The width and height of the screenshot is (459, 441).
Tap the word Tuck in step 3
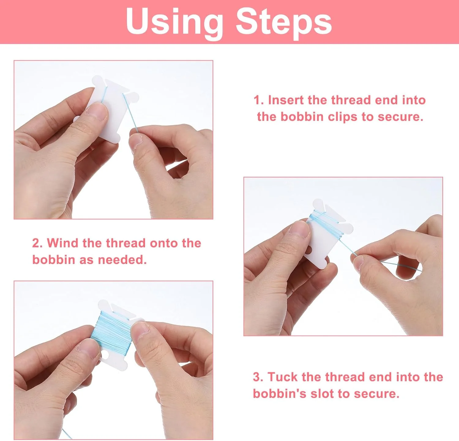tap(283, 377)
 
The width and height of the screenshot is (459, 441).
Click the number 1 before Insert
tap(259, 100)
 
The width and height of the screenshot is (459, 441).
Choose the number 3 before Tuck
tap(258, 377)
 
